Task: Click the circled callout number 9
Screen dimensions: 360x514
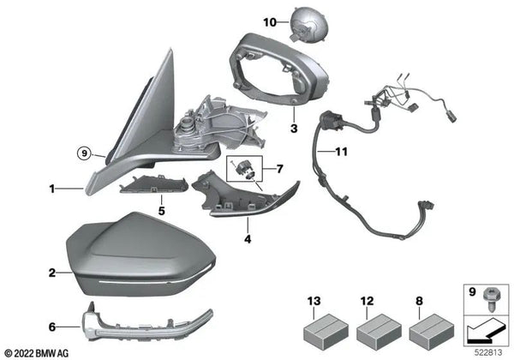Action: click(83, 155)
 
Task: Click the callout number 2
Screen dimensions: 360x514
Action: click(53, 273)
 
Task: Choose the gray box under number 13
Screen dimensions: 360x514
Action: click(318, 329)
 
